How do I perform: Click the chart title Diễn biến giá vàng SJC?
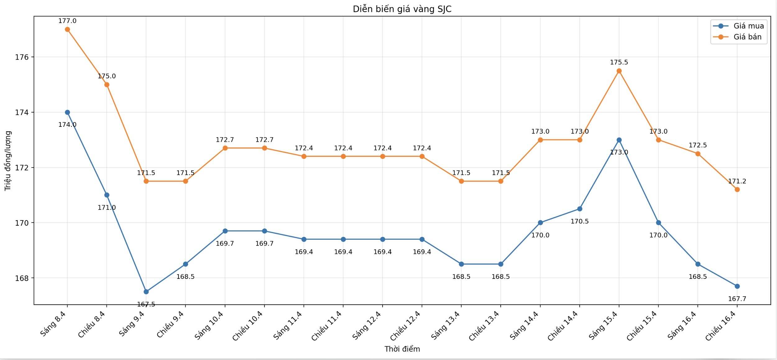tap(402, 9)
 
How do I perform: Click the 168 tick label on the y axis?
tap(21, 278)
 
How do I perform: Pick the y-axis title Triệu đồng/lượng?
tap(8, 161)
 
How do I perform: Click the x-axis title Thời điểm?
tap(402, 349)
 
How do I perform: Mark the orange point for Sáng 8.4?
tap(67, 30)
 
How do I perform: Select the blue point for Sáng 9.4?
tap(146, 292)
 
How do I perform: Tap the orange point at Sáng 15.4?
tap(619, 71)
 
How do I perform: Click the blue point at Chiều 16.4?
tap(737, 286)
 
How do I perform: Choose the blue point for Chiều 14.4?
tap(579, 209)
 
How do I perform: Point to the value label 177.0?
tap(67, 21)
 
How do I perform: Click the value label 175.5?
tap(619, 62)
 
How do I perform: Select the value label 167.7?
tap(737, 299)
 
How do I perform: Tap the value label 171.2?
tap(737, 181)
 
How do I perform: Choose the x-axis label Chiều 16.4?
tap(721, 325)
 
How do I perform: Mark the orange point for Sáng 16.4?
tap(698, 154)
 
